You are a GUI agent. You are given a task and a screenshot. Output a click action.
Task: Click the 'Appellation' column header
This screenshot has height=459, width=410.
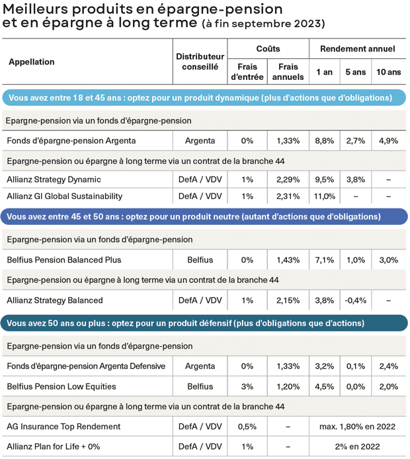click(x=32, y=62)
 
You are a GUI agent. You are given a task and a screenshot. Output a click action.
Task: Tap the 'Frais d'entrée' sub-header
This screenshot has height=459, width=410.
click(x=247, y=71)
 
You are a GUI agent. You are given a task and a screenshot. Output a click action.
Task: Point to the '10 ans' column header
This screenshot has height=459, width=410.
click(x=388, y=71)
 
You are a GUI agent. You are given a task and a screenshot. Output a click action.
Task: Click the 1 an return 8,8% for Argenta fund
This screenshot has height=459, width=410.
click(x=325, y=141)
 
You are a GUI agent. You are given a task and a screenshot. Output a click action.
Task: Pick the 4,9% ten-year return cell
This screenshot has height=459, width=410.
click(x=388, y=141)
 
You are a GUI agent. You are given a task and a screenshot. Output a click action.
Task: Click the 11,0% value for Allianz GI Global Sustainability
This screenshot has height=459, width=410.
click(x=325, y=196)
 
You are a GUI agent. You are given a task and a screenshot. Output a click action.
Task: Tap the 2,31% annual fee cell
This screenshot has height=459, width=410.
click(x=288, y=196)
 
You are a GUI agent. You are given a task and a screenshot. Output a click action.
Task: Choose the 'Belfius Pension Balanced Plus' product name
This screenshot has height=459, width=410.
click(x=64, y=260)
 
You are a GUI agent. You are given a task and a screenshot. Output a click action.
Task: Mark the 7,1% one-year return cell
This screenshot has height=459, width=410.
click(x=325, y=260)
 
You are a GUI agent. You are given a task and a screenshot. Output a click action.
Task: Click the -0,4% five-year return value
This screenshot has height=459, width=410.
click(x=356, y=300)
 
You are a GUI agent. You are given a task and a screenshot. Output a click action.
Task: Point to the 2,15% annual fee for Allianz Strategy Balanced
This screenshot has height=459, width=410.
click(x=288, y=300)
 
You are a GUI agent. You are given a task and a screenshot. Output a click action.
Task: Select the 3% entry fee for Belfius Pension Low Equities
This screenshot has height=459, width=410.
click(x=247, y=386)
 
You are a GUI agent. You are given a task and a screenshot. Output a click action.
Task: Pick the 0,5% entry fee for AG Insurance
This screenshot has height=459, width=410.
click(x=247, y=427)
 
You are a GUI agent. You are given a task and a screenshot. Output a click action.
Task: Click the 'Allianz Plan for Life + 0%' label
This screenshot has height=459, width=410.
click(x=53, y=446)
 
